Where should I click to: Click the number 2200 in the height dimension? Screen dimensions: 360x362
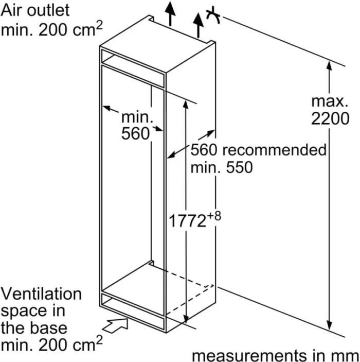point(330,119)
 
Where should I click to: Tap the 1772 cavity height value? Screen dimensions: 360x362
point(187,221)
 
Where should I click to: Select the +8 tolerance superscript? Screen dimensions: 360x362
point(214,216)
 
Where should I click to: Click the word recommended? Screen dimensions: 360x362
point(275,150)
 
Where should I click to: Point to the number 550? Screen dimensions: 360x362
point(239,167)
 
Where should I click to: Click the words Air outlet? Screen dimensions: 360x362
point(35,10)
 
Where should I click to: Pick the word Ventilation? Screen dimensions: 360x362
point(42,294)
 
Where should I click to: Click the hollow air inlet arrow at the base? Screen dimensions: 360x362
point(115,325)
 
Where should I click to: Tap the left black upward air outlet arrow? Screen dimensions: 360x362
point(170,13)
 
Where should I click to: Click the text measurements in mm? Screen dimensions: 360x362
point(276,356)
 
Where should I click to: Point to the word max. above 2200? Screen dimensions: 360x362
point(330,101)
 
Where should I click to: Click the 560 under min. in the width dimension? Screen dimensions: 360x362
point(135,133)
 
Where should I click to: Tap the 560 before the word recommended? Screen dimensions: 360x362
point(204,150)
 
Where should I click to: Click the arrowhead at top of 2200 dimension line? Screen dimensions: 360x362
point(329,66)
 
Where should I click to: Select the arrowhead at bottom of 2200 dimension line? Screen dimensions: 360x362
point(330,325)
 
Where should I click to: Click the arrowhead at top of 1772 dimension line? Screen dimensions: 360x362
point(186,105)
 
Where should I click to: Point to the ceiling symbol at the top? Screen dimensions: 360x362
point(213,15)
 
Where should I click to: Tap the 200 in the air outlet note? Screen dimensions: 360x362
point(52,30)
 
